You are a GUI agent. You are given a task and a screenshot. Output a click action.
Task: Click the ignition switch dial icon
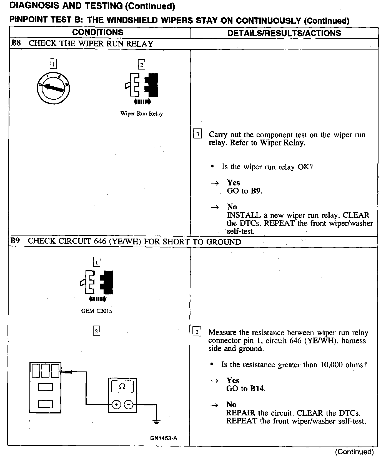(53, 88)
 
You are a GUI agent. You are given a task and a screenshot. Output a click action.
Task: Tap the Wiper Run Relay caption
(141, 114)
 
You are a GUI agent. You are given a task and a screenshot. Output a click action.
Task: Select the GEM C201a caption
(96, 311)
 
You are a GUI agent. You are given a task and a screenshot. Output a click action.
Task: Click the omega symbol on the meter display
(122, 386)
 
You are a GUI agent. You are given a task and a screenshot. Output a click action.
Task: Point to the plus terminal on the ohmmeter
(116, 405)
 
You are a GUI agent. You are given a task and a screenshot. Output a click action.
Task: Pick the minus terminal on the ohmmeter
(129, 405)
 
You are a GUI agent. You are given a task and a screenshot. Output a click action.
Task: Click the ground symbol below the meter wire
(157, 422)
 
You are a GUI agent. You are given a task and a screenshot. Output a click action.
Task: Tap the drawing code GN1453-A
(164, 438)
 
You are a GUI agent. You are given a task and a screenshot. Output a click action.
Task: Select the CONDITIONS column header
(98, 33)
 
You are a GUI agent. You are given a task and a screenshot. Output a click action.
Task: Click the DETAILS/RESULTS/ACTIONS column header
(284, 33)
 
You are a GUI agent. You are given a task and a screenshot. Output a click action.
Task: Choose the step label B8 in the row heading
(16, 43)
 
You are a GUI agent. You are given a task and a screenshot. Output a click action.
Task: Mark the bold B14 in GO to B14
(257, 388)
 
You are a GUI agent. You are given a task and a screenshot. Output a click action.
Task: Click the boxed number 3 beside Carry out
(197, 134)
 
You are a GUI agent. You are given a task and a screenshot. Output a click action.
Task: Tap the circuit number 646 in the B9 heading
(100, 241)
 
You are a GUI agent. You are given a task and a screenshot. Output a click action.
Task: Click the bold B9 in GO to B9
(256, 191)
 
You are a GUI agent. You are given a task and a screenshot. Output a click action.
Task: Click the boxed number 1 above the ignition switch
(53, 65)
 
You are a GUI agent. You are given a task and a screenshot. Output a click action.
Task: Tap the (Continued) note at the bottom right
(354, 452)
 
